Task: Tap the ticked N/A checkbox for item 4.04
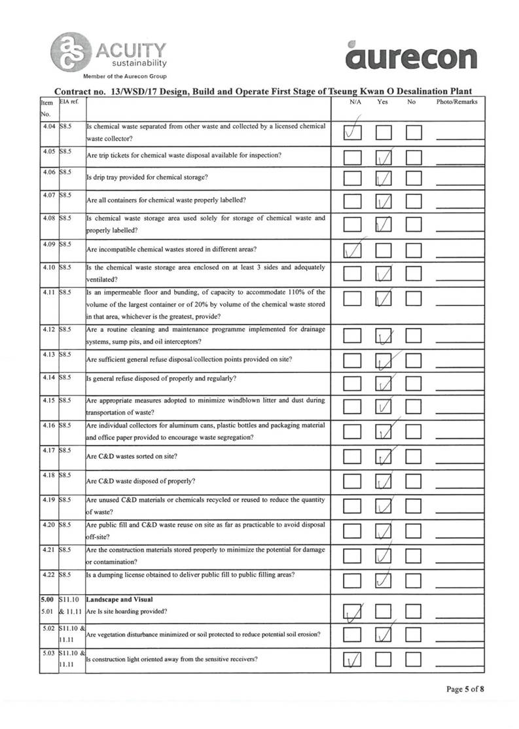pos(353,132)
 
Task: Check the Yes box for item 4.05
pos(384,158)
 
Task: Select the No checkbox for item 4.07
pos(414,202)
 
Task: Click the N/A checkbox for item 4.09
pos(353,251)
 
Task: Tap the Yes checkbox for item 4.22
pos(384,579)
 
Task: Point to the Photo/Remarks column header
pos(457,102)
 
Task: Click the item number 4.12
pos(48,329)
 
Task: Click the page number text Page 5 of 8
pos(465,689)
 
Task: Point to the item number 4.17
pos(48,450)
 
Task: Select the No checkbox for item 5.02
pos(414,635)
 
